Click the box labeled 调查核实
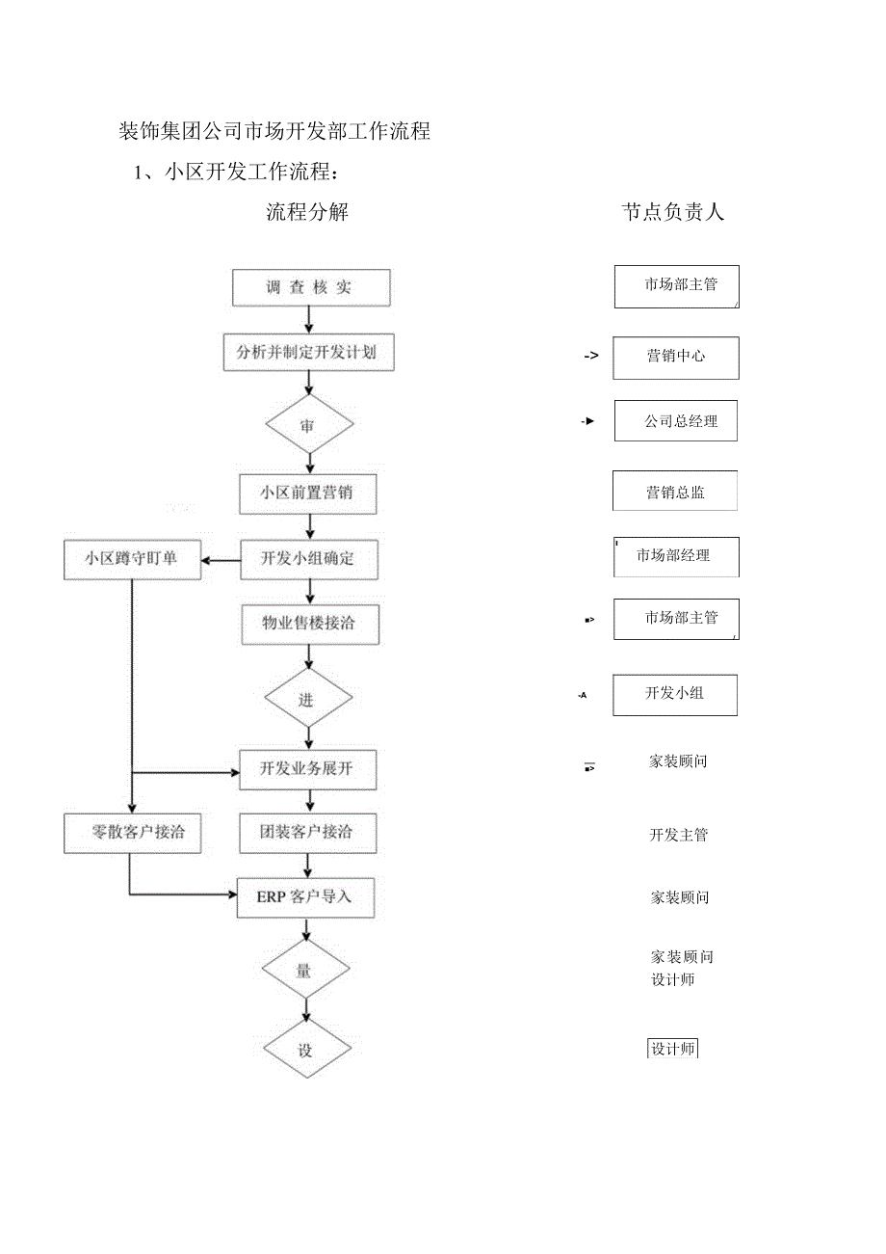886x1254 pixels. point(310,288)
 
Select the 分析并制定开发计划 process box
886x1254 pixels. point(307,353)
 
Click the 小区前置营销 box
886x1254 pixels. point(307,494)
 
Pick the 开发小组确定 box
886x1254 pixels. point(308,559)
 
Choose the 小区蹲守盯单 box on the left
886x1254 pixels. point(132,559)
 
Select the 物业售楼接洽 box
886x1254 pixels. point(309,624)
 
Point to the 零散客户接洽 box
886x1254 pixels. point(133,833)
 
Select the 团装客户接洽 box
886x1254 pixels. point(307,833)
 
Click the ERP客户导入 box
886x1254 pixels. point(305,897)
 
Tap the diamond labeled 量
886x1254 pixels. point(305,971)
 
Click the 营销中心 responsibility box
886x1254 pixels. point(676,358)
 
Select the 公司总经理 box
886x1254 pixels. point(676,421)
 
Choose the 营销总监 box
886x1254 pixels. point(675,492)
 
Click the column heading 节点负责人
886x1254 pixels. point(672,213)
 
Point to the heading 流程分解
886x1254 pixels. point(307,213)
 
